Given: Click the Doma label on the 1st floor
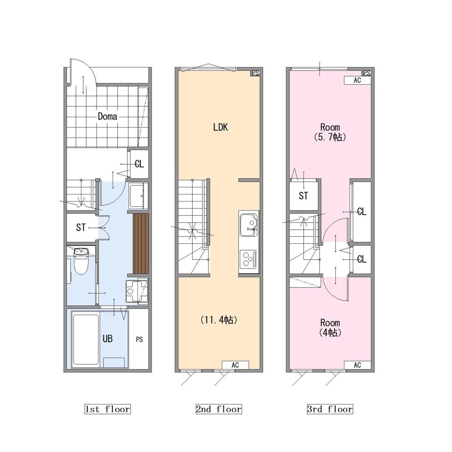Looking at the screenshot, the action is (x=107, y=116).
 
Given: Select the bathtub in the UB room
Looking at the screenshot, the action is (x=86, y=339).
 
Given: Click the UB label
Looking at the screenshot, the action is (x=107, y=339).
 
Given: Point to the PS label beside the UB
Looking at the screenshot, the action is (x=139, y=339).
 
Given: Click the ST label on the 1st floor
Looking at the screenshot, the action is (x=81, y=227).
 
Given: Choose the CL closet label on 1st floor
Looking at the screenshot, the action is (x=139, y=164).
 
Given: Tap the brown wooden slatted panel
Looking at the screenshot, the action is (x=141, y=243).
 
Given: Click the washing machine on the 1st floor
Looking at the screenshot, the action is (x=137, y=291).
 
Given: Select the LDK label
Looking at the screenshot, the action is (x=220, y=127).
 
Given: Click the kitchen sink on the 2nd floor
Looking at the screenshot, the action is (x=249, y=225).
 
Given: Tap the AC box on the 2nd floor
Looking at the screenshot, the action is (x=235, y=365).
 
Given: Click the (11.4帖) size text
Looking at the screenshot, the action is (x=218, y=320).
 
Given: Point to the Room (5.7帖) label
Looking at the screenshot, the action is (x=330, y=132).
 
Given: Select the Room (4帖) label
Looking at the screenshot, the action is (x=330, y=328).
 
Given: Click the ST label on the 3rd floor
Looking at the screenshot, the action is (x=303, y=196).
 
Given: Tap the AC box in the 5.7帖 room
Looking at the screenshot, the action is (x=357, y=80).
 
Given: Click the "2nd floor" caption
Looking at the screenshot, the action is (x=218, y=409).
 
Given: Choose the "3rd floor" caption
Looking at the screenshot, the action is (x=330, y=409).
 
